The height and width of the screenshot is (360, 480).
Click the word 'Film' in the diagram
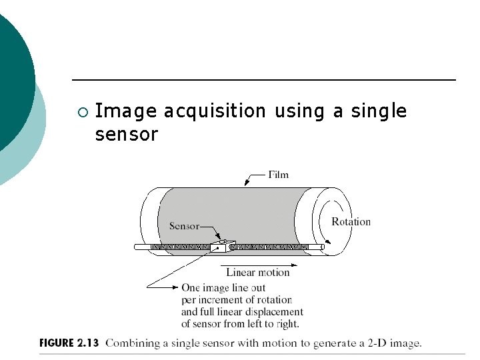tap(278, 175)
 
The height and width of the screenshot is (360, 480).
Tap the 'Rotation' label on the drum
tap(351, 221)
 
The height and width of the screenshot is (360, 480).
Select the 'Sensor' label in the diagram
tap(184, 226)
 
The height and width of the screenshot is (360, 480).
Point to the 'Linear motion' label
tap(258, 272)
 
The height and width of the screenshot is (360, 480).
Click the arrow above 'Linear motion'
tap(257, 263)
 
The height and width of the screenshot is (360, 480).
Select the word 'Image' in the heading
tap(126, 111)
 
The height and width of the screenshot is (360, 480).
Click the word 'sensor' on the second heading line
tap(127, 134)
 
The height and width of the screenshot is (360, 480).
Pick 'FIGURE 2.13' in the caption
tap(69, 343)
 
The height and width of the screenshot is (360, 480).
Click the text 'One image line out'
tap(223, 288)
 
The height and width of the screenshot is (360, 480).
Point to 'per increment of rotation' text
tap(236, 300)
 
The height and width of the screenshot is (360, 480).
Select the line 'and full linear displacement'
tap(242, 312)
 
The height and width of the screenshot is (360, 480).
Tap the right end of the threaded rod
tap(322, 247)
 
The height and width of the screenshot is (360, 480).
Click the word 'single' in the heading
tap(379, 111)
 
